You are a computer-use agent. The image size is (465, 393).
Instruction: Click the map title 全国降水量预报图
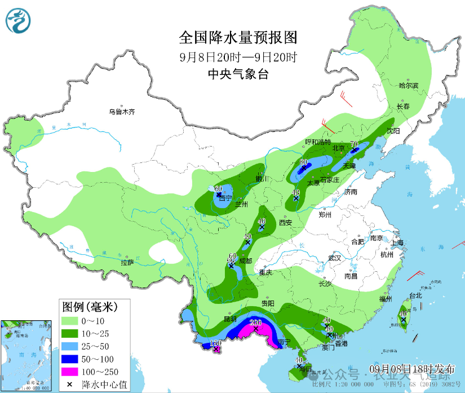(237, 38)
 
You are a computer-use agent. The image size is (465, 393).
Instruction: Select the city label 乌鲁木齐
(122, 112)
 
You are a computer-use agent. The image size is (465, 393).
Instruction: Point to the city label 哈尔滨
(409, 86)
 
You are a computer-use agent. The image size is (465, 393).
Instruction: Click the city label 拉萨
(127, 262)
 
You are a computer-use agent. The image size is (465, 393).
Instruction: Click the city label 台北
(415, 295)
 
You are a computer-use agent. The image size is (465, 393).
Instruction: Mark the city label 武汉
(335, 258)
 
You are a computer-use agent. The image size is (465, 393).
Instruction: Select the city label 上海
(397, 242)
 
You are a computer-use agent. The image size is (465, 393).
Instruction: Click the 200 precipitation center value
(256, 322)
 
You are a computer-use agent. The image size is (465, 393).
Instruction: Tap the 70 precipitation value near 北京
(355, 144)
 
